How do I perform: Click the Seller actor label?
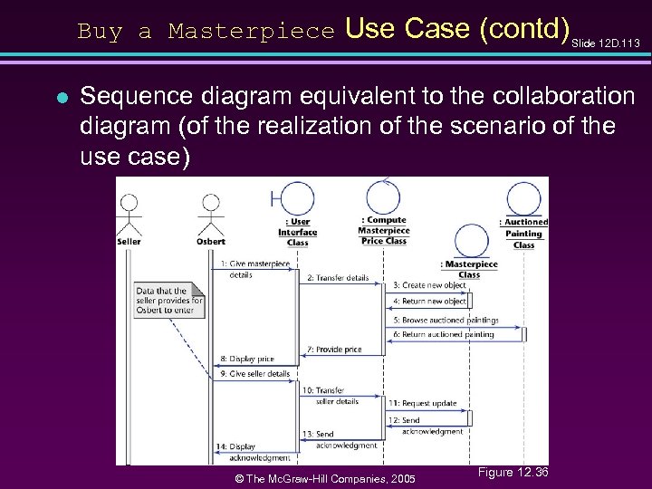tap(129, 242)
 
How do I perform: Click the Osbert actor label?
tap(210, 242)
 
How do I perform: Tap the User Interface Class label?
tap(297, 232)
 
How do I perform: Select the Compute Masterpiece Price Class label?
tap(384, 230)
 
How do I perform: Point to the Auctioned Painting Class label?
tap(523, 233)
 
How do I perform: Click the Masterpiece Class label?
tap(469, 269)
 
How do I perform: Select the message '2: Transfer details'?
tap(338, 278)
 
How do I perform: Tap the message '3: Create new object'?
tap(429, 285)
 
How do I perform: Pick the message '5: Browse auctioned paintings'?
tap(446, 320)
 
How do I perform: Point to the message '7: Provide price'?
tap(334, 350)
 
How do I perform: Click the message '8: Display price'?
tap(246, 360)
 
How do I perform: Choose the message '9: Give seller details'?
tap(254, 374)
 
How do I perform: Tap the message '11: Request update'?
tap(423, 403)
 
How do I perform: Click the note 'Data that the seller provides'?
tap(169, 301)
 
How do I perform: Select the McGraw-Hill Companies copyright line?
tap(324, 478)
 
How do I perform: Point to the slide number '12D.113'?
tap(611, 43)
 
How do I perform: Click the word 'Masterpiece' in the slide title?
tap(252, 32)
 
